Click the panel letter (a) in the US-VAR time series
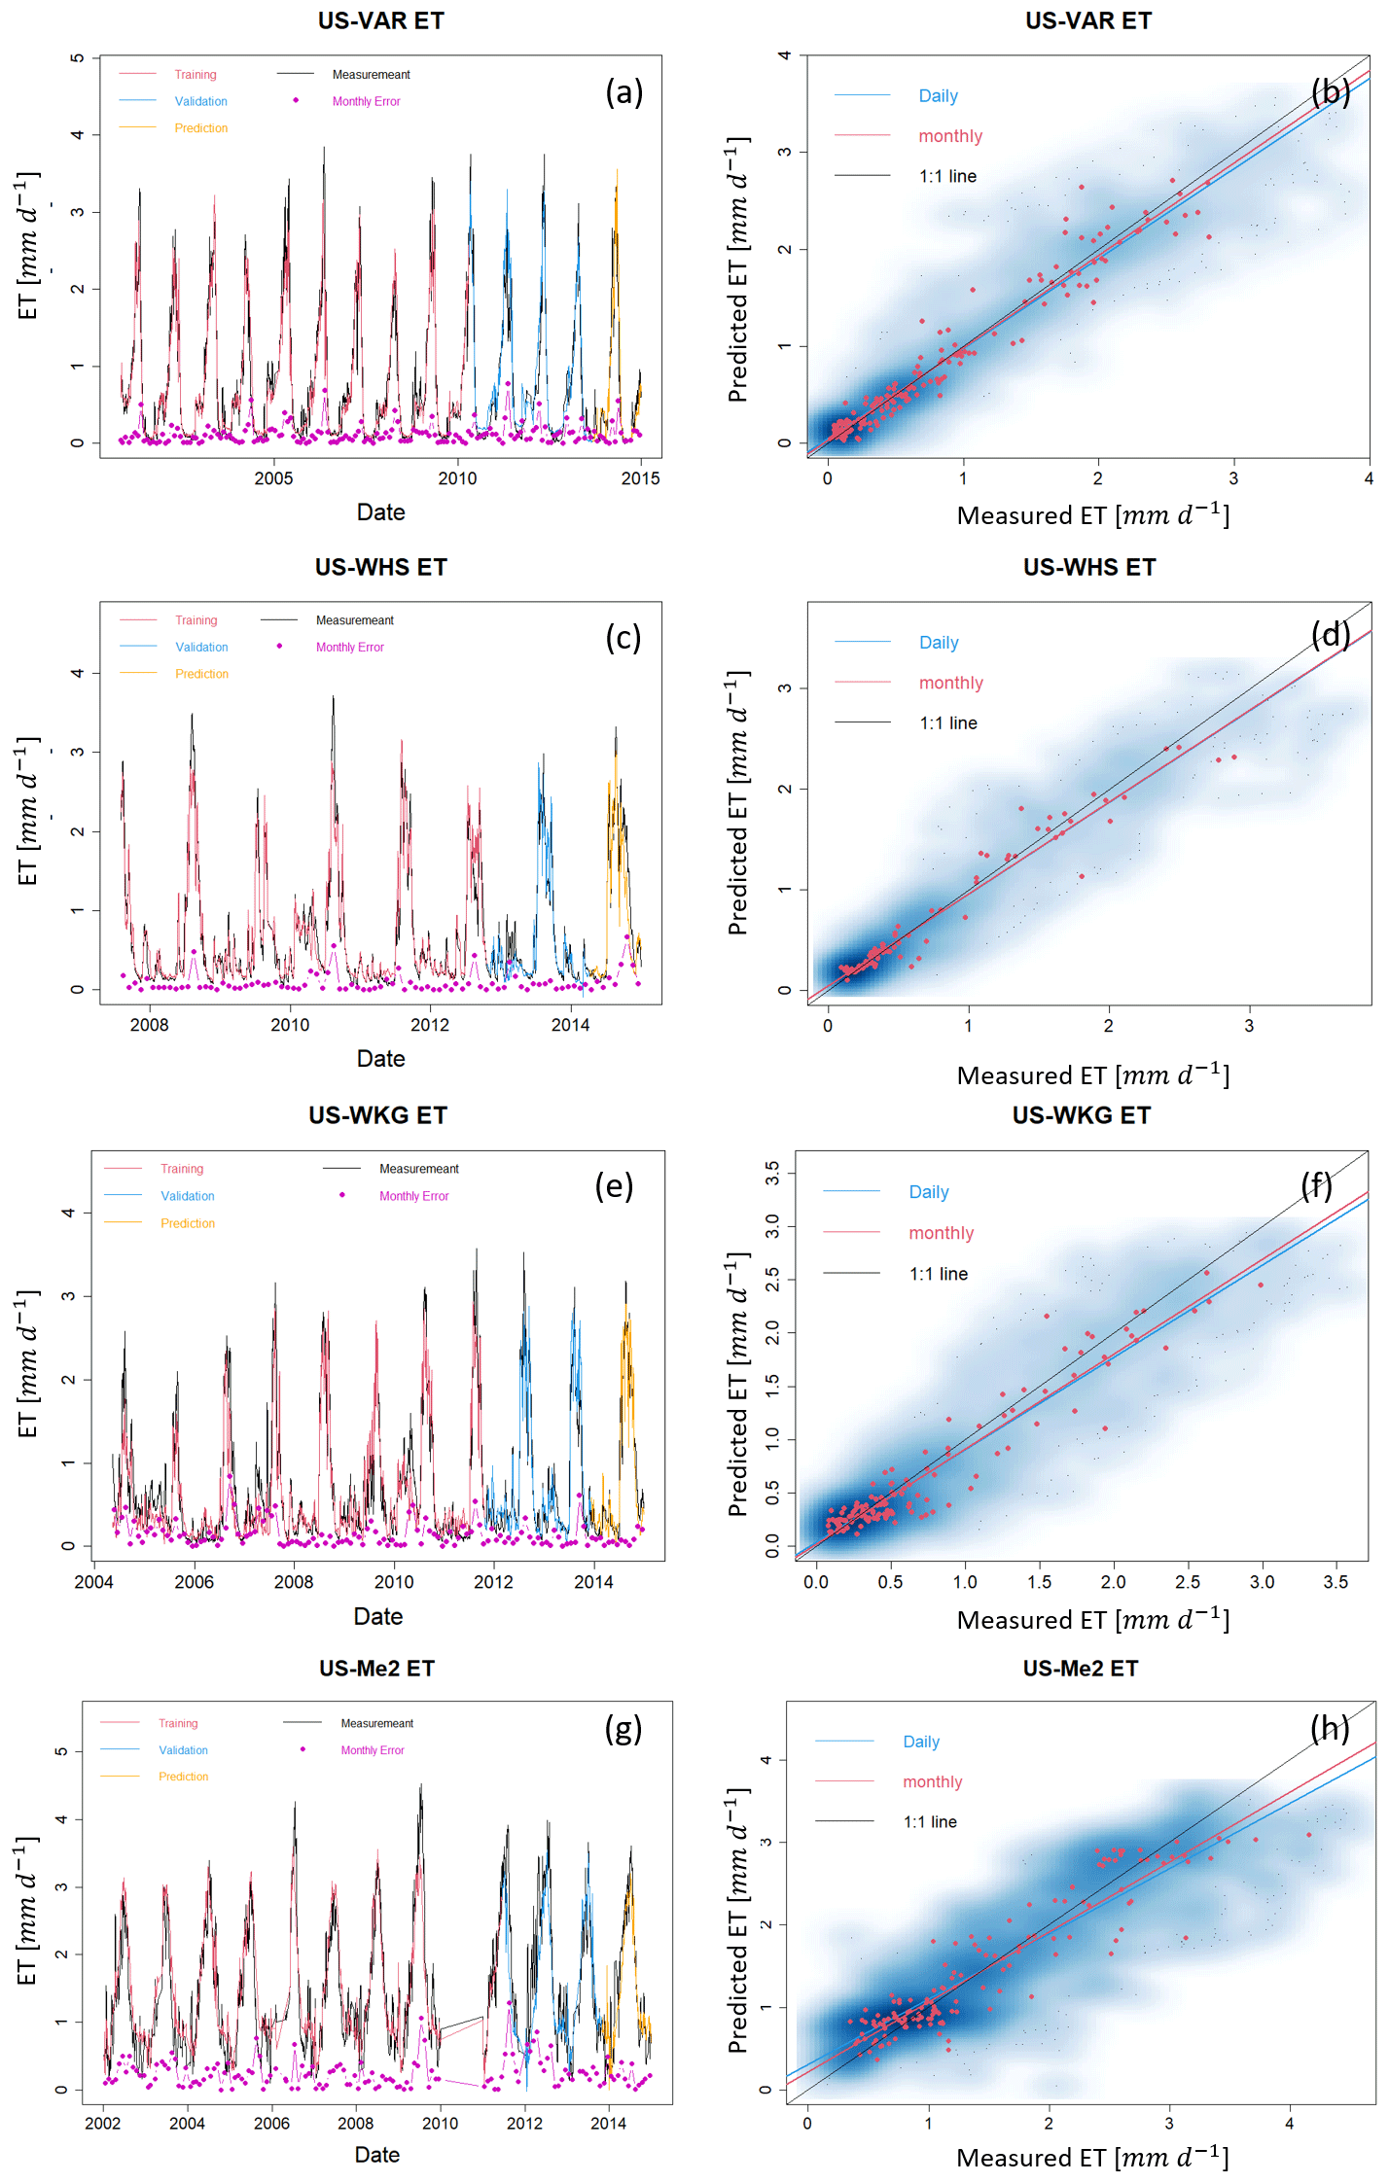click(623, 92)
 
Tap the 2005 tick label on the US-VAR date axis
click(273, 478)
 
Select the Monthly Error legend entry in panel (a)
click(366, 101)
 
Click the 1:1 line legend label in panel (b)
click(947, 176)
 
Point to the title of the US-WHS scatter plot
click(1088, 567)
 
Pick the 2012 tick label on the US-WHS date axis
click(430, 1025)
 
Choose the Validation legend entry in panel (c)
click(201, 647)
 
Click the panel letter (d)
click(1330, 634)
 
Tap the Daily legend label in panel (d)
click(939, 643)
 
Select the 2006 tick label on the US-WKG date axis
click(194, 1582)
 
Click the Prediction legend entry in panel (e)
click(188, 1223)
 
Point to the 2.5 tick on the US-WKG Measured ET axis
click(1187, 1582)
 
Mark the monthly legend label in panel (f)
click(941, 1233)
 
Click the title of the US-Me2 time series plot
click(376, 1669)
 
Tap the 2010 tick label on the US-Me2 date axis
click(440, 2124)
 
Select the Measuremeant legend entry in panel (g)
click(376, 1723)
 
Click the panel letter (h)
click(1329, 1728)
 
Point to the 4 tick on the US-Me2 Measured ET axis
click(1289, 2124)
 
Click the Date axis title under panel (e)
click(377, 1616)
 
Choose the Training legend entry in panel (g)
click(178, 1723)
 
